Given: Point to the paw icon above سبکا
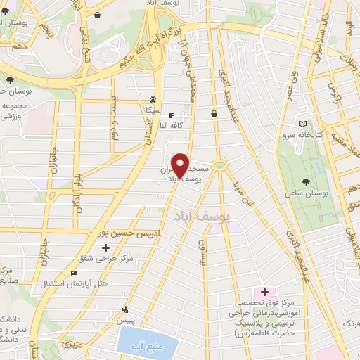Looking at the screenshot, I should tap(153, 99).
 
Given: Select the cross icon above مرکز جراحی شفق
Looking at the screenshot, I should tap(106, 247).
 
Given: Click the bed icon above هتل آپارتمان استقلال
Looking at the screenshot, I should tap(75, 274).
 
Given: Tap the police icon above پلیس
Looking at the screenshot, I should tap(126, 309).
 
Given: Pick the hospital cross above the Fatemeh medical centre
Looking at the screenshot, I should tap(264, 292).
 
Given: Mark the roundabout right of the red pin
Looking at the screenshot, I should tap(221, 165).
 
